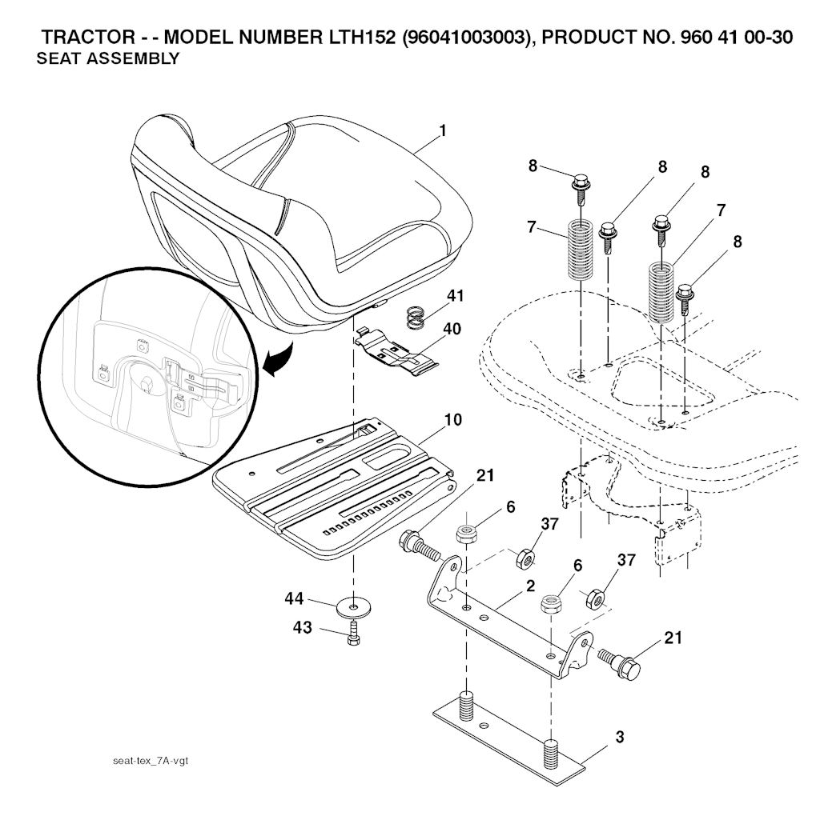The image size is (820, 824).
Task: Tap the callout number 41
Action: coord(455,296)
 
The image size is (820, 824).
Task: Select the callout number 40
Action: coord(452,329)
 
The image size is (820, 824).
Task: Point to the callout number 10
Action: coord(453,420)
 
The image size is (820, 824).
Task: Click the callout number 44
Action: coord(294,598)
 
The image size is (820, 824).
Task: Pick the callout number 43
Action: coord(303,627)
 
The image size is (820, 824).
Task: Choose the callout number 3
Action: coord(620,738)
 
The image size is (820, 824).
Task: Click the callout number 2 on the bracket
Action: coord(530,586)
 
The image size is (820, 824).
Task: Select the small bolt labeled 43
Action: coord(354,633)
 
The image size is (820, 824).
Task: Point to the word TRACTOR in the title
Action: coord(88,38)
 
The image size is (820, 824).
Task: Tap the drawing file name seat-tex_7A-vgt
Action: coord(151,761)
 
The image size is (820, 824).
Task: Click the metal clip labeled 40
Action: coord(397,353)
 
